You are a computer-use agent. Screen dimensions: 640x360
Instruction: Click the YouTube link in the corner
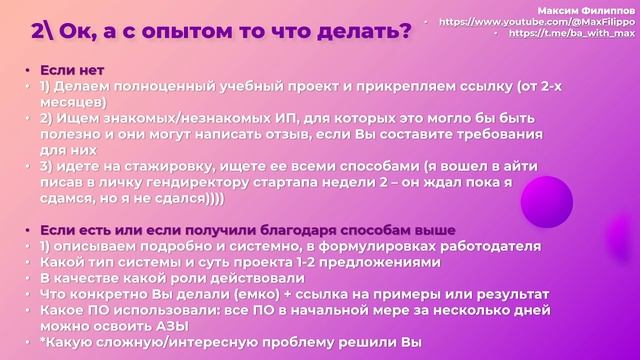(x=537, y=22)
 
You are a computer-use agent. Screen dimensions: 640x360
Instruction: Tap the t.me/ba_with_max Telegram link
(x=572, y=33)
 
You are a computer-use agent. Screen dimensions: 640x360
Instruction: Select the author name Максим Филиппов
(x=586, y=11)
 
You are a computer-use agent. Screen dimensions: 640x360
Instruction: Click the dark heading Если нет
(x=72, y=70)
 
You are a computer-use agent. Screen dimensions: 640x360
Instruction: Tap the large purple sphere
(x=547, y=202)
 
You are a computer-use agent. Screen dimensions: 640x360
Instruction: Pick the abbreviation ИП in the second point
(x=284, y=118)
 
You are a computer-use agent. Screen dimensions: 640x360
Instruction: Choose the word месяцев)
(x=73, y=102)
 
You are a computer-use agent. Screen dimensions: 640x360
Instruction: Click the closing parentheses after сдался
(x=214, y=199)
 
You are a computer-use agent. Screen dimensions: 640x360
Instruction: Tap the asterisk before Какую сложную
(x=42, y=340)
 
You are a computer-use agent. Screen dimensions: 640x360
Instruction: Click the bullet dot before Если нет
(x=28, y=71)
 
